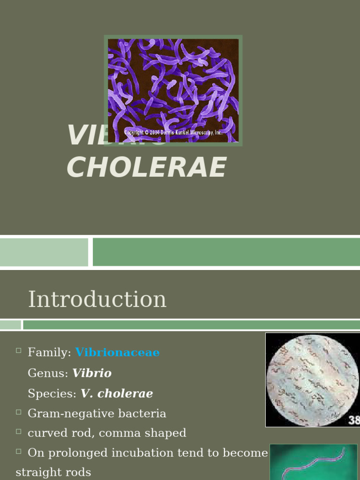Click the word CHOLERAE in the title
146,167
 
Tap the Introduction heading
97,300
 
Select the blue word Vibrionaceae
117,352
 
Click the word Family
48,352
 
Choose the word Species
51,394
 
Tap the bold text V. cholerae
117,394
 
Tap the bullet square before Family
19,351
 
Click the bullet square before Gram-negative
19,412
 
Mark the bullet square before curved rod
19,431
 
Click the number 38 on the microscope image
354,420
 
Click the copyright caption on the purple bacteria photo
173,133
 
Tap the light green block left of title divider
44,252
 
